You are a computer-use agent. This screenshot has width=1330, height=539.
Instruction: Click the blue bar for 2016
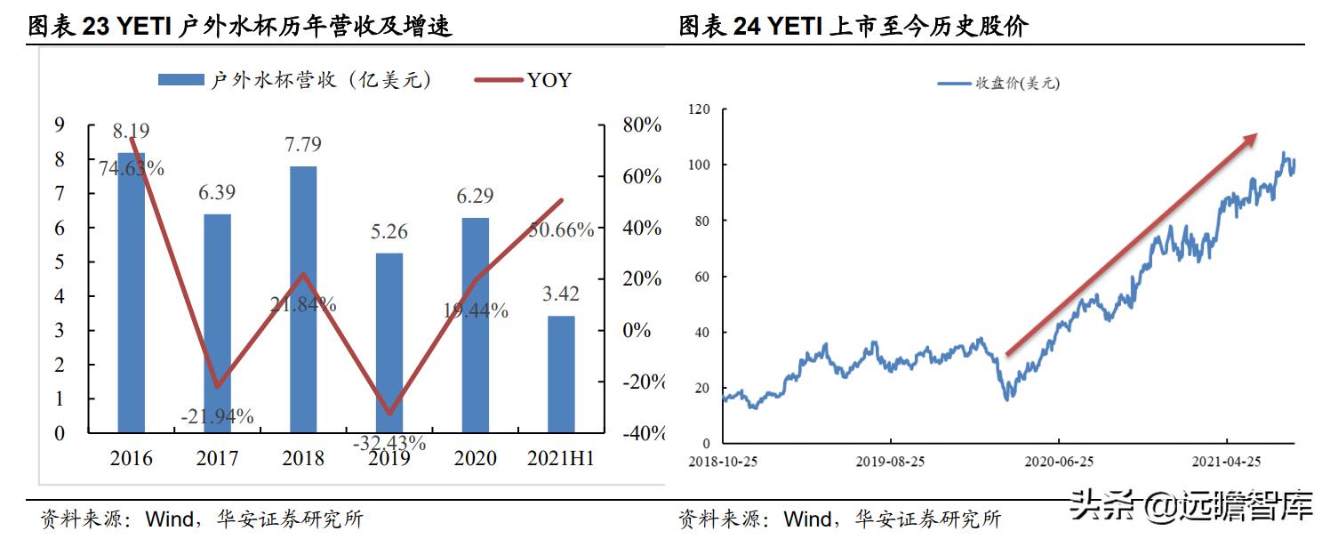coord(131,294)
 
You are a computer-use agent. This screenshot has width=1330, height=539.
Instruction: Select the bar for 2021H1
coord(561,374)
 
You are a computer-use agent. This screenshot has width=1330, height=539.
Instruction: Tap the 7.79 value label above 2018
coord(302,144)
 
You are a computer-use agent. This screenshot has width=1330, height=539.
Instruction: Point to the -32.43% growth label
coord(389,442)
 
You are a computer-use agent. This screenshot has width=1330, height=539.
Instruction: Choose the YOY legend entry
coord(524,80)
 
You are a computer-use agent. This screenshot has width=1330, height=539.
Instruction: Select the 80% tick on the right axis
coord(642,125)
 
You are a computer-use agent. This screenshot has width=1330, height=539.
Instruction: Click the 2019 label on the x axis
coord(389,459)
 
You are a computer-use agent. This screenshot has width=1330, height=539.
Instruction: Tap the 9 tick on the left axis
coord(60,125)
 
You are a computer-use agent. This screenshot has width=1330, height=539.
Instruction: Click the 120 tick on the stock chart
coord(700,109)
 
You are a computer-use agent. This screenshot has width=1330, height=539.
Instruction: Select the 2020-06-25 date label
coord(1058,463)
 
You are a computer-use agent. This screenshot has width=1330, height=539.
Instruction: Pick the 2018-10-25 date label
coord(723,463)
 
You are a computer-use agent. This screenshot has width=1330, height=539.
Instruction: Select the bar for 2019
coord(389,342)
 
